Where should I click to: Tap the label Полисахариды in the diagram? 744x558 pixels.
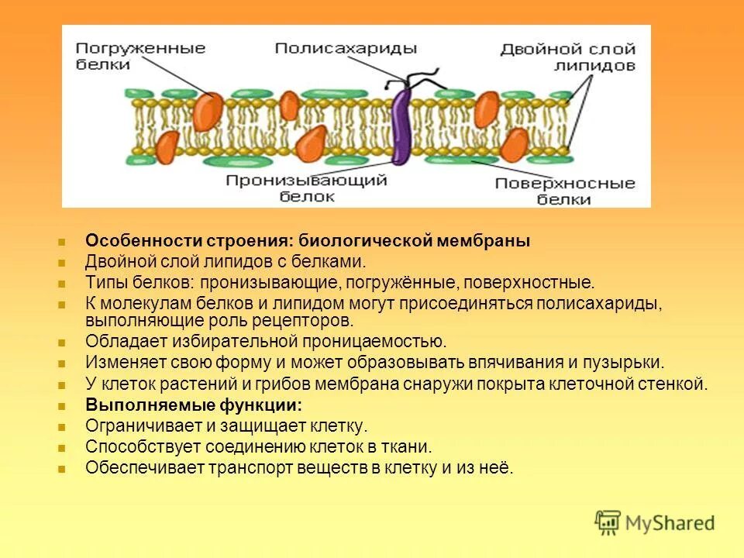346,48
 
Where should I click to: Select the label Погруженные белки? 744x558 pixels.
140,57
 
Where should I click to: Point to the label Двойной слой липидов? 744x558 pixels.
568,57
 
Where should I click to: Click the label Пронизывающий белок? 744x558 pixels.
307,188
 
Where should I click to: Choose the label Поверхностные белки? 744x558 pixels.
564,191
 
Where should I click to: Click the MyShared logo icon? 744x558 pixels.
608,522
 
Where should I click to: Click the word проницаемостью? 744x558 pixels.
369,342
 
